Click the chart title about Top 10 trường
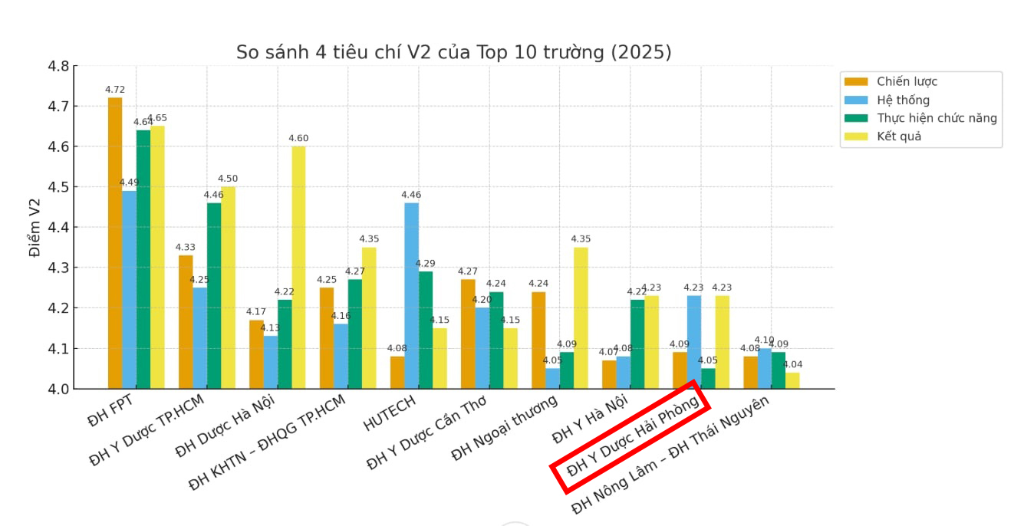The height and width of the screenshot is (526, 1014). (453, 52)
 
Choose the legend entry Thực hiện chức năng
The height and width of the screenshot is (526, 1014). (937, 118)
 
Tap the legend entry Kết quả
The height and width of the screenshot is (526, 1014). (899, 136)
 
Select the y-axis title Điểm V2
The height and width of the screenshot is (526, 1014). (35, 227)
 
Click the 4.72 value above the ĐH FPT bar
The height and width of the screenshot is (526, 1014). (115, 90)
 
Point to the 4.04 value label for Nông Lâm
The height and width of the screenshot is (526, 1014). (792, 365)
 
